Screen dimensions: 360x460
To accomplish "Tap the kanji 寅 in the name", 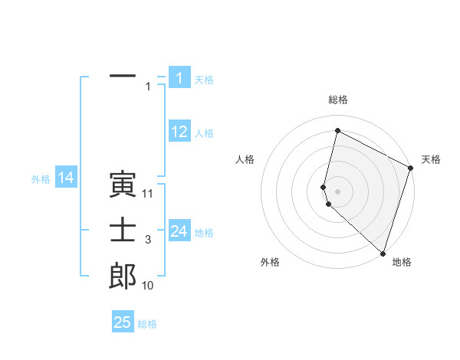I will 123,185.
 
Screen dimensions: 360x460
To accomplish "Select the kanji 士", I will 123,231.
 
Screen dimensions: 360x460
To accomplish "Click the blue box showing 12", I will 179,132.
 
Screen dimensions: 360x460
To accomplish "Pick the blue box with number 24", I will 179,231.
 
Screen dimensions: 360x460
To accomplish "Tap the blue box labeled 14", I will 66,178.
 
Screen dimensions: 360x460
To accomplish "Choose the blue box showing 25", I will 123,322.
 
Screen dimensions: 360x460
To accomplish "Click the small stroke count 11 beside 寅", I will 148,194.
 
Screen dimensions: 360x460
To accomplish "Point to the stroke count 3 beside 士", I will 148,240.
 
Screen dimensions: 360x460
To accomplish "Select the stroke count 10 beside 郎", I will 148,286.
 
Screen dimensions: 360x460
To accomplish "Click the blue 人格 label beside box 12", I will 204,133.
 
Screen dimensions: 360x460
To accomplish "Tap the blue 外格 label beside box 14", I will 41,179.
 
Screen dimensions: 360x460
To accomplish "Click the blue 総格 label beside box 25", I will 147,324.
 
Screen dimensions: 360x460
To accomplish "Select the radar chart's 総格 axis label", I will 338,100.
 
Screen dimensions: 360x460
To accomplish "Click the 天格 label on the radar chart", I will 431,159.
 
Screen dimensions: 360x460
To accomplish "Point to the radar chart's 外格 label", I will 270,262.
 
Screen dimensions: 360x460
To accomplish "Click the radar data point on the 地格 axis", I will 383,253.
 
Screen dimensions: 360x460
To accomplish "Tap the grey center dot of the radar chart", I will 338,189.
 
